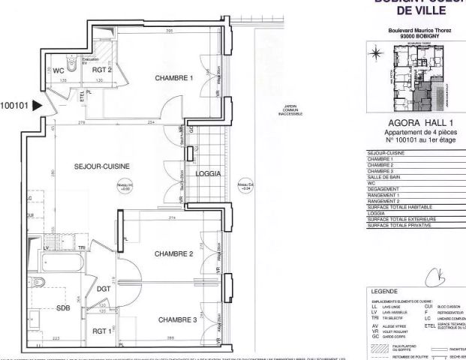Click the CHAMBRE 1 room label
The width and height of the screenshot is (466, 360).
174,78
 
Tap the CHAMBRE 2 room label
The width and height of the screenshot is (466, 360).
174,253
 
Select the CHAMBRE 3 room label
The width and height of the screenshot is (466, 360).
177,319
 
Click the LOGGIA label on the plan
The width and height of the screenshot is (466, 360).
206,173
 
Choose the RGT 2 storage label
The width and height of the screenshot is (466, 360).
101,70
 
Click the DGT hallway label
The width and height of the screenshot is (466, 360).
104,288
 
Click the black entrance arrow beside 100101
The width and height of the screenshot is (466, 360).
37,106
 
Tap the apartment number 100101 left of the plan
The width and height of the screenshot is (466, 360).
14,106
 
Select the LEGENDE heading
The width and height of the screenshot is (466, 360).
388,290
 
